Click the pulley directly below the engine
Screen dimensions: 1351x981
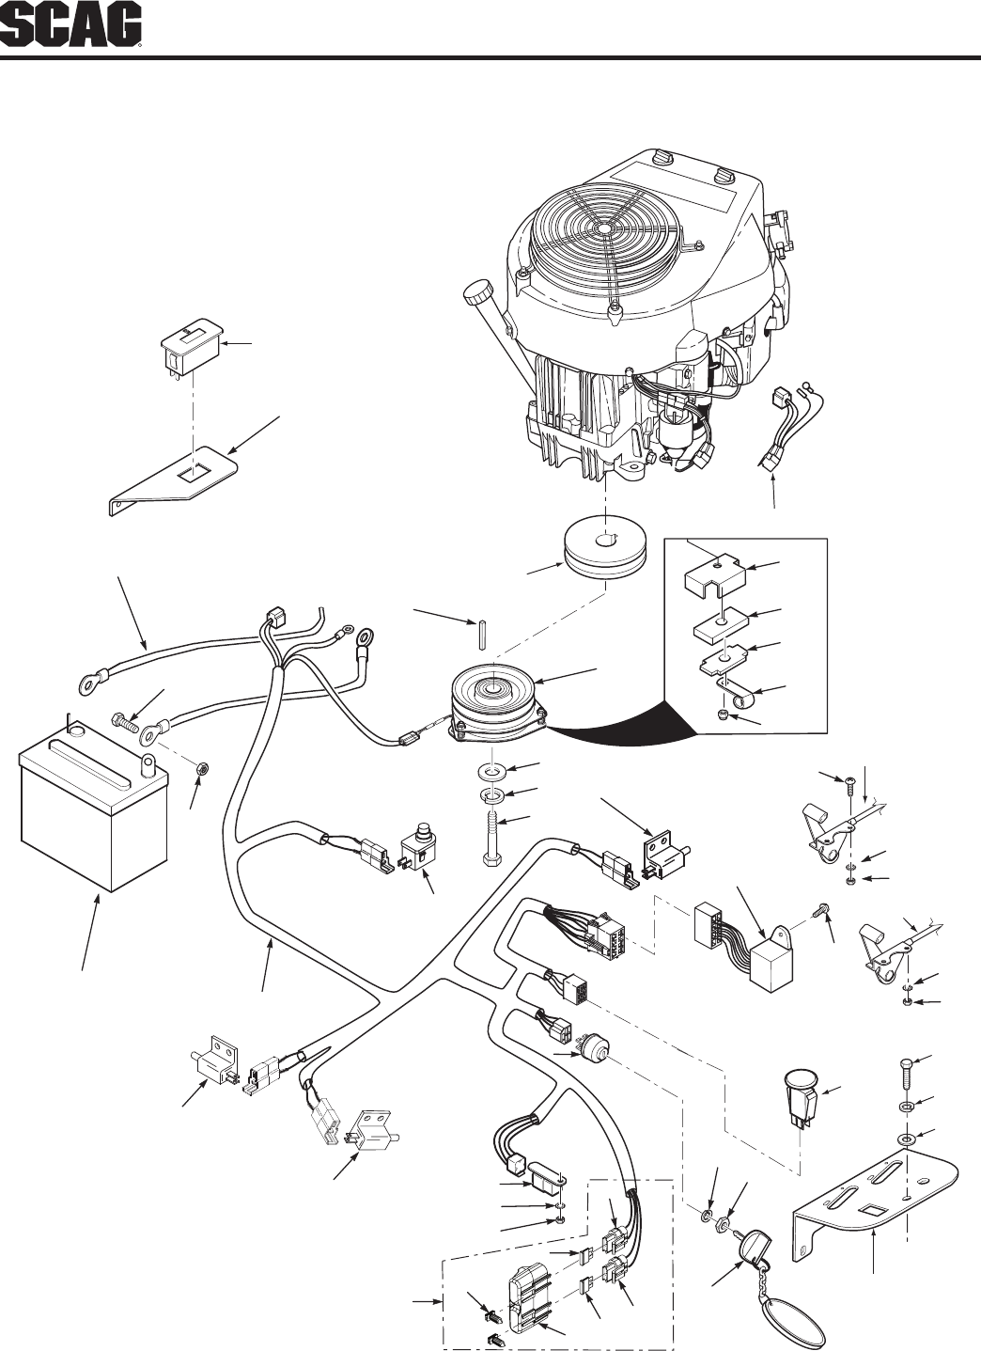[599, 551]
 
